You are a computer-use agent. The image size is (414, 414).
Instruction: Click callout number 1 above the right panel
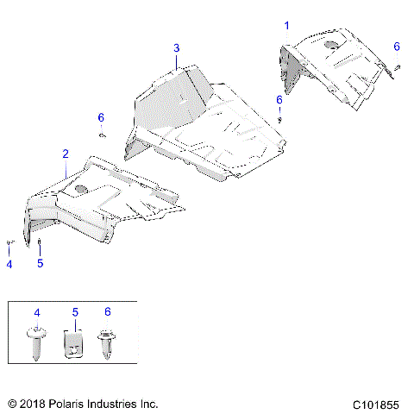click(288, 26)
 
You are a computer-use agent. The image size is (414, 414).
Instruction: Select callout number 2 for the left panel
click(65, 154)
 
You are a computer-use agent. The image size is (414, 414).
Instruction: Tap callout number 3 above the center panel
click(176, 47)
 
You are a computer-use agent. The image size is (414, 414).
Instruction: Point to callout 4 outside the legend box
click(9, 264)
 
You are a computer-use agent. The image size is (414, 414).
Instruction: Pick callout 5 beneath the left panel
click(40, 264)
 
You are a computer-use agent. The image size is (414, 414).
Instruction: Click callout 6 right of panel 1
click(397, 46)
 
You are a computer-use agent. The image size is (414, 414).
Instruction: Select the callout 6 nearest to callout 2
click(100, 117)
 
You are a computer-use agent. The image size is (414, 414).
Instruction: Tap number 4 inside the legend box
click(37, 310)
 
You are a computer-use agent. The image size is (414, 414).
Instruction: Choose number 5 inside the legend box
click(75, 310)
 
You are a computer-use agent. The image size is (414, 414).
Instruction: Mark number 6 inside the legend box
click(108, 310)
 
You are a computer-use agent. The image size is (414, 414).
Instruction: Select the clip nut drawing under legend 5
click(75, 346)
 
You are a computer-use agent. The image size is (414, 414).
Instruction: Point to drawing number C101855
click(377, 404)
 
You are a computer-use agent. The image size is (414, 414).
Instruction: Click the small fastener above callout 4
click(9, 243)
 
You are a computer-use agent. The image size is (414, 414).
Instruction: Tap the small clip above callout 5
click(40, 241)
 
